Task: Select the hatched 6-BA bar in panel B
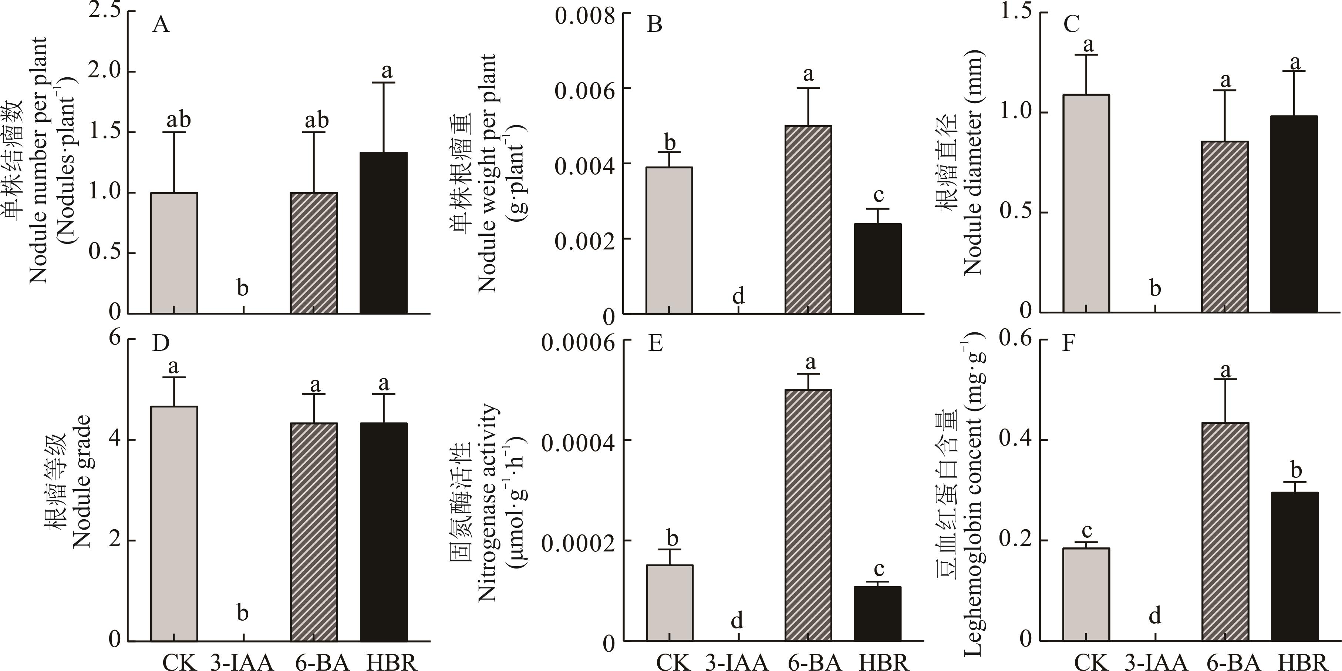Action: [808, 219]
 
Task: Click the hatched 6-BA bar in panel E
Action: [808, 515]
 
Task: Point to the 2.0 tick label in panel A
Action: [104, 71]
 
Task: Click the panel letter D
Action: [161, 344]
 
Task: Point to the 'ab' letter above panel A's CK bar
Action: [179, 120]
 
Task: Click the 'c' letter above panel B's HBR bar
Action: [879, 195]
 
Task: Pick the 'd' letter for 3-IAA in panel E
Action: [736, 620]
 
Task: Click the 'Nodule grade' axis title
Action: [82, 481]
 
